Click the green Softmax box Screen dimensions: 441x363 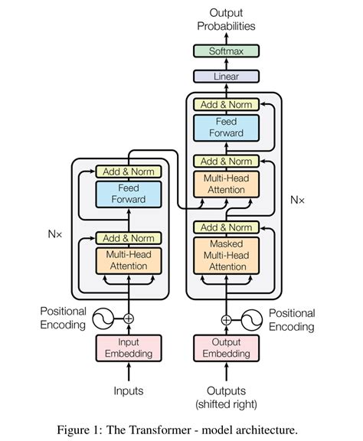click(226, 51)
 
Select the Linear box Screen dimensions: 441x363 click(226, 77)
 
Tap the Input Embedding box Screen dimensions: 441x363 click(129, 348)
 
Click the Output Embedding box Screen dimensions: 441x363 click(226, 348)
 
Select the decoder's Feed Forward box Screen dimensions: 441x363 click(226, 127)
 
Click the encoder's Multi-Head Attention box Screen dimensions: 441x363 click(129, 260)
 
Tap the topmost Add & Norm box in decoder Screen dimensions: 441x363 click(226, 104)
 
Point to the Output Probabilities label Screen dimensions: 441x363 click(226, 19)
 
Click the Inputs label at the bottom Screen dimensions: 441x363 click(129, 390)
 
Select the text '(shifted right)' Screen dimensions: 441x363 click(226, 403)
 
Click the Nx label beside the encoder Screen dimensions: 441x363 click(56, 233)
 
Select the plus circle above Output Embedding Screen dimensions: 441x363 click(226, 320)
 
